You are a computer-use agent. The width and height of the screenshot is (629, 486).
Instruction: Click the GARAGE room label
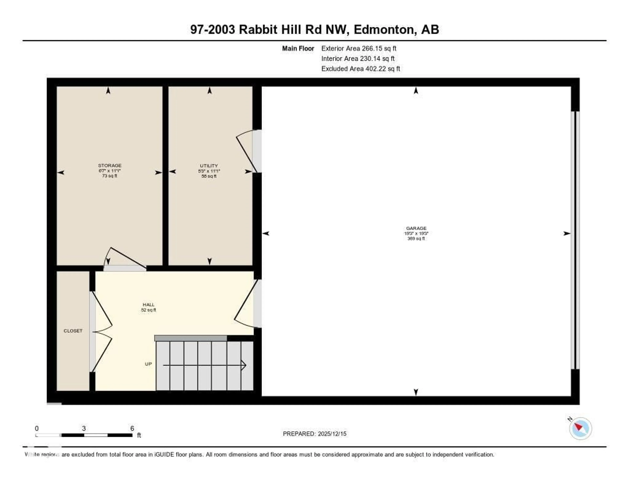pyautogui.click(x=416, y=228)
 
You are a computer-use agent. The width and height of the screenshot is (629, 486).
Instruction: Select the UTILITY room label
pyautogui.click(x=209, y=166)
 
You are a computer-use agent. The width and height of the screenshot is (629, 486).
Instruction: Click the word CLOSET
pyautogui.click(x=73, y=331)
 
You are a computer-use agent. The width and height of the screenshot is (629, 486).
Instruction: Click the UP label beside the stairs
pyautogui.click(x=148, y=364)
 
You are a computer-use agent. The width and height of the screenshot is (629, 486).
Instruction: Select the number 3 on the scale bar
pyautogui.click(x=84, y=428)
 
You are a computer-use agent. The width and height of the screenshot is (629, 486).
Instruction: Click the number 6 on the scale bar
pyautogui.click(x=132, y=428)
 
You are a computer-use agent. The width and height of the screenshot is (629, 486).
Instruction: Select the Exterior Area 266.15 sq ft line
pyautogui.click(x=359, y=48)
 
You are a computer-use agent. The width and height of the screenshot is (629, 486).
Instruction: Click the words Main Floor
pyautogui.click(x=298, y=48)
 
